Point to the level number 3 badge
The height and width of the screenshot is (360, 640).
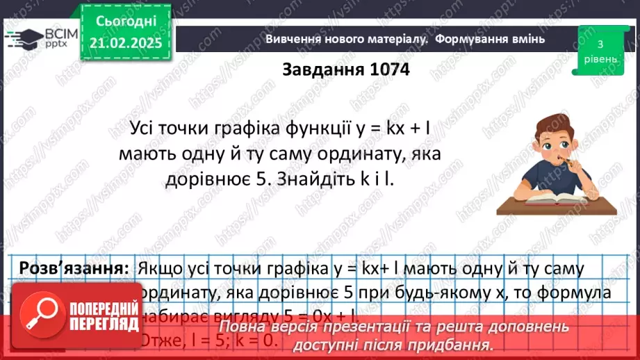click(x=600, y=44)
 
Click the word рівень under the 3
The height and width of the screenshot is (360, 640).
click(x=600, y=59)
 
